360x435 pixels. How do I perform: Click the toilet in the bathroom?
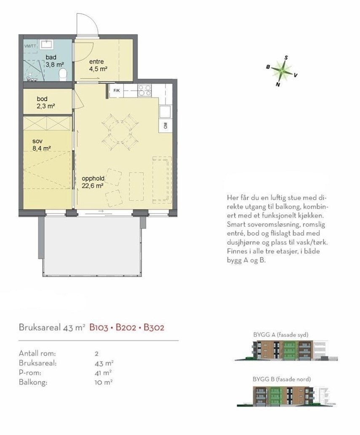click(63, 75)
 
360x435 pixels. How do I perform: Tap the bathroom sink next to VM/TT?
click(46, 45)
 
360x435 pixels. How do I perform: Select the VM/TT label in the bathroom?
click(30, 46)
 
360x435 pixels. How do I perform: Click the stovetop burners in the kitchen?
click(145, 91)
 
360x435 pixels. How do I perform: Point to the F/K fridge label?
click(117, 91)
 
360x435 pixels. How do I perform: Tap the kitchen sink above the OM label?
click(165, 112)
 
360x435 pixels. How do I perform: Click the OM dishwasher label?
click(166, 125)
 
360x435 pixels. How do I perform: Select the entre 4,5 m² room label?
click(98, 65)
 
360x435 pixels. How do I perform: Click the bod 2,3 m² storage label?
click(46, 102)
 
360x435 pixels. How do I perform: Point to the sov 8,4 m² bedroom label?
click(42, 145)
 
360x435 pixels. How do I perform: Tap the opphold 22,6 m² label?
click(93, 182)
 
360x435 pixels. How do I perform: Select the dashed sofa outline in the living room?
click(162, 179)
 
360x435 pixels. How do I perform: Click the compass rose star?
click(282, 71)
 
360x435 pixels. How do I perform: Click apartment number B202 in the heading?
click(126, 328)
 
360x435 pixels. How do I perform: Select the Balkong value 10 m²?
click(104, 382)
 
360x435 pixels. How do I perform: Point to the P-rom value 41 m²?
click(103, 373)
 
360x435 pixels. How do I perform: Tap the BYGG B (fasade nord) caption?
click(282, 379)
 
